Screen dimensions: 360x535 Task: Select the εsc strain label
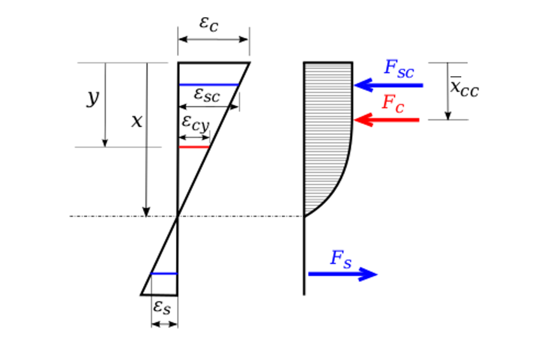coord(207,95)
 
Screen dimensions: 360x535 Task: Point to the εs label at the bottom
coord(163,307)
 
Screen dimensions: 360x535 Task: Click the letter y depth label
coord(93,98)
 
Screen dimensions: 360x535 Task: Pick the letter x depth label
coord(137,121)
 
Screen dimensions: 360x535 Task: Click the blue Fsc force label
coord(398,70)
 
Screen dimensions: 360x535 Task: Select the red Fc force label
coord(393,103)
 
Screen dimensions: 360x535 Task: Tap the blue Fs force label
coord(341,258)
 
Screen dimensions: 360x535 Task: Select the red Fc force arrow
coord(386,119)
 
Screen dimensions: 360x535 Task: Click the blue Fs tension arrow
coord(343,274)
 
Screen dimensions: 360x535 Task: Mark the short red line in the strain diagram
coord(194,147)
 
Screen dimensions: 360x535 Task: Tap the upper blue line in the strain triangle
coord(209,84)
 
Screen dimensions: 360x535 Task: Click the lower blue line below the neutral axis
coord(164,274)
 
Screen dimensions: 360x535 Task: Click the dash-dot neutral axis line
coord(114,217)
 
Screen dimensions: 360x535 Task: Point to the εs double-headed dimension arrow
coord(164,324)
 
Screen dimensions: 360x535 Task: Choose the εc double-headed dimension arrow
coord(213,39)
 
